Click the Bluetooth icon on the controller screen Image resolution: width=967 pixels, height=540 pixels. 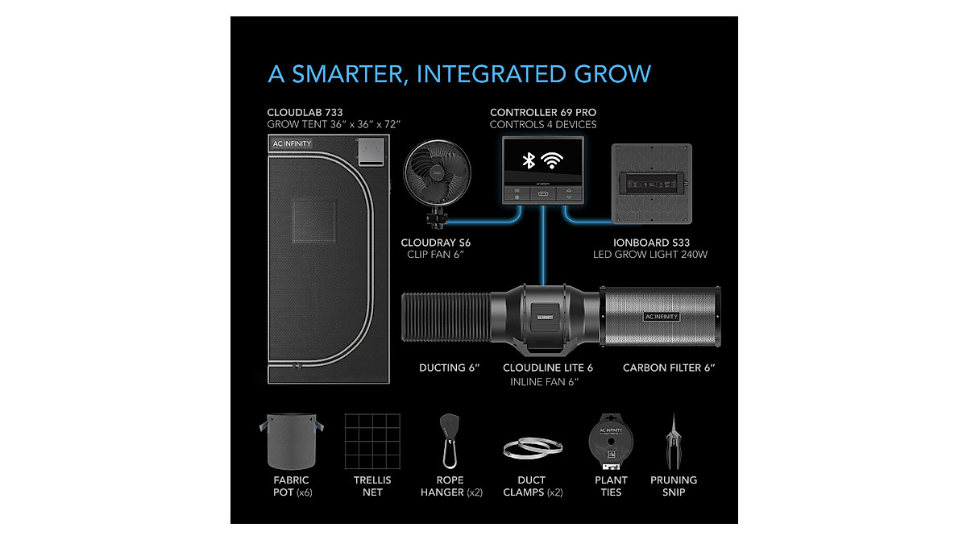529,160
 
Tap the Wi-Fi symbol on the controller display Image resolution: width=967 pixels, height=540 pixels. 554,160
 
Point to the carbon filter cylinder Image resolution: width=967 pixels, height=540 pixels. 660,316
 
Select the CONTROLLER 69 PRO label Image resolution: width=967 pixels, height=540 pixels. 543,112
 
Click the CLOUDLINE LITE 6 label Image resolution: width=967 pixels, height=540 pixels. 548,368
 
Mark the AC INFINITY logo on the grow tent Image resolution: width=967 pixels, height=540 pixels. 292,143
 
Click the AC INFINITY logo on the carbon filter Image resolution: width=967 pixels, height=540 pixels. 661,317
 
